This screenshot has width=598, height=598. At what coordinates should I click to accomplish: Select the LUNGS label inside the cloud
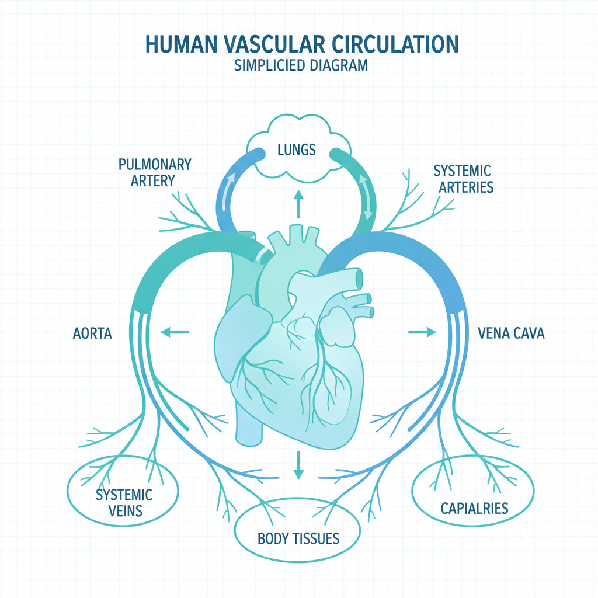[296, 149]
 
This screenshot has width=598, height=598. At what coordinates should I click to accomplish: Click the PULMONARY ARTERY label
[154, 172]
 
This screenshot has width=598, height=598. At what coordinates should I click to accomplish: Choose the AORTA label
[92, 333]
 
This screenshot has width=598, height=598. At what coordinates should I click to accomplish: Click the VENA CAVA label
[511, 333]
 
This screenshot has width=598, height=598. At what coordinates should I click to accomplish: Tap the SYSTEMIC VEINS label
[124, 503]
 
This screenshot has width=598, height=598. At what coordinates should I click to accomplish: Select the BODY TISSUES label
[298, 538]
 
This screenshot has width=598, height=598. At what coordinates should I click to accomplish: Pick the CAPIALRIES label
[474, 509]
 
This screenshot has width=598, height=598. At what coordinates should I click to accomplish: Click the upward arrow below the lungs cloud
[298, 204]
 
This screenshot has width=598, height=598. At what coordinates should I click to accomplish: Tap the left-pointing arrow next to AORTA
[175, 332]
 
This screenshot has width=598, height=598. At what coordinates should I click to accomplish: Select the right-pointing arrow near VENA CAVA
[422, 332]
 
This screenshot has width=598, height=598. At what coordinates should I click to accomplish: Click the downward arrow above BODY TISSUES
[298, 465]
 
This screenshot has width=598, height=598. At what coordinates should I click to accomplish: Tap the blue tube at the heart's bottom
[249, 423]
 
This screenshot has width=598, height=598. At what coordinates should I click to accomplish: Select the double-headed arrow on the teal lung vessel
[366, 197]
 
